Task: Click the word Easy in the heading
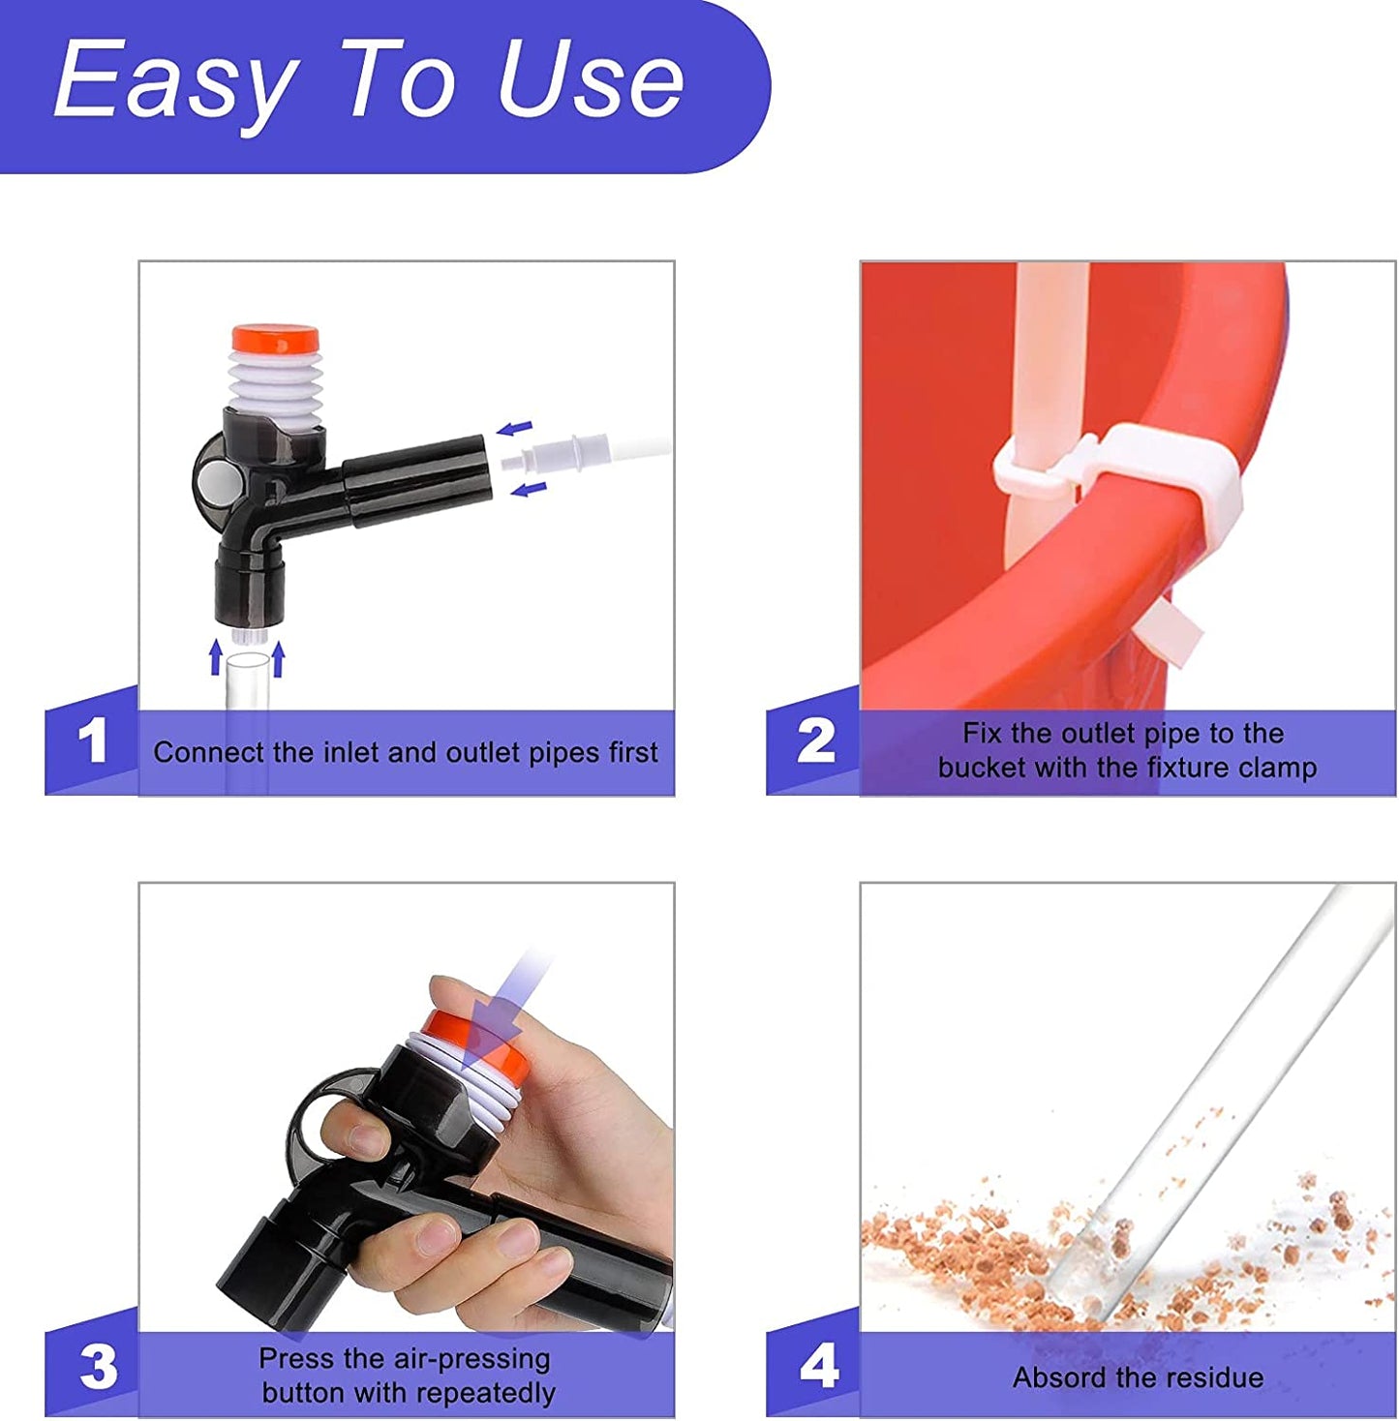click(174, 82)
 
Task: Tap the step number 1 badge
click(92, 741)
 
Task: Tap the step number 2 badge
click(815, 741)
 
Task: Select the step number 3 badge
click(97, 1367)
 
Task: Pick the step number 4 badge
click(818, 1367)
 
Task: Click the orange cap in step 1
click(275, 340)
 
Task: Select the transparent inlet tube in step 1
click(247, 682)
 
